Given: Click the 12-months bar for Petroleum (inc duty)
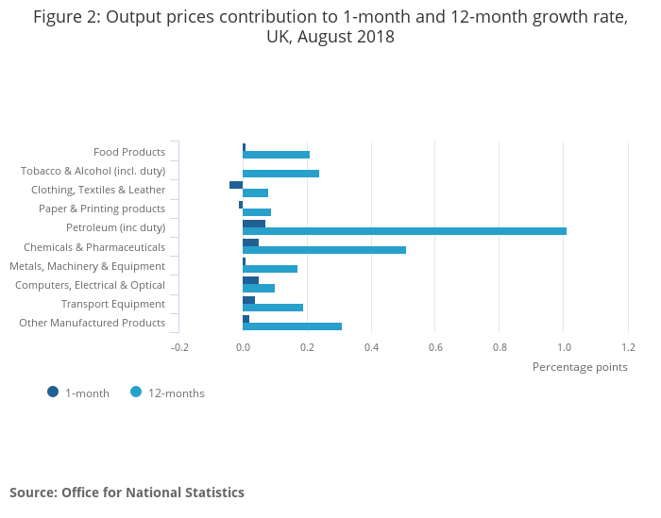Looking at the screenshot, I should (404, 231).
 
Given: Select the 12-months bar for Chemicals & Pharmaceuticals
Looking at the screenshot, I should (324, 250).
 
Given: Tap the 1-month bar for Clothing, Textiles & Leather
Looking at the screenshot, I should (236, 185).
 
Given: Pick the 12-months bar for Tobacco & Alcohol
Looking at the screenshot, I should (280, 174).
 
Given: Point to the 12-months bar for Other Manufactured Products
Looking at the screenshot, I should (292, 326).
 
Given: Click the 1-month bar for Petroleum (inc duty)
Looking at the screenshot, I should (254, 224).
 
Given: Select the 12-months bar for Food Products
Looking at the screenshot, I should (276, 155).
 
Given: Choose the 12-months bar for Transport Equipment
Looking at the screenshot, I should (273, 308).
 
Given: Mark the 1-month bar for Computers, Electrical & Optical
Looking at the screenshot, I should (250, 280).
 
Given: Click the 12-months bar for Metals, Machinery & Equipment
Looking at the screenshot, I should (270, 269).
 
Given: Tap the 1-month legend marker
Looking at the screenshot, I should (53, 393).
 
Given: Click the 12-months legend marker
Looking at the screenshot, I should (136, 393).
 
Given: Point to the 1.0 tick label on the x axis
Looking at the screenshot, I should (564, 347).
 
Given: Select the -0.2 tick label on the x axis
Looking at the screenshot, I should (179, 347).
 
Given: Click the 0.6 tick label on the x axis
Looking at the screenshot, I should (435, 347).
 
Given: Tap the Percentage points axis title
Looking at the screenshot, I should (580, 367).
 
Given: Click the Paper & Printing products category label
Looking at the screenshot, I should (102, 209).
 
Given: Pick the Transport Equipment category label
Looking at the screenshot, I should (113, 304).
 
